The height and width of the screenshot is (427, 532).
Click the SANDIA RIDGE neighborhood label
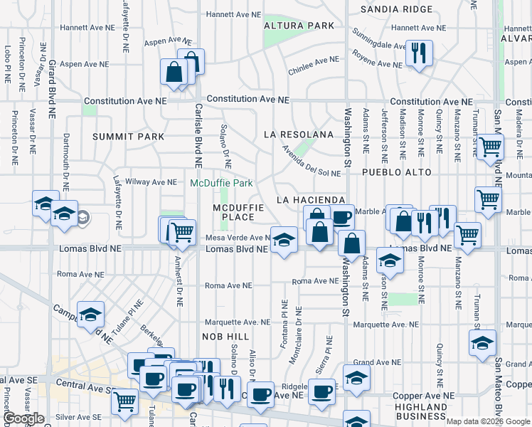tap(396, 9)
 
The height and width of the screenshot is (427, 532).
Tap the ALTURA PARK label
tap(299, 26)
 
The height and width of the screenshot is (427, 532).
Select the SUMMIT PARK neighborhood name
tap(128, 137)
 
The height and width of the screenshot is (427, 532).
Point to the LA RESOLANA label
tap(298, 134)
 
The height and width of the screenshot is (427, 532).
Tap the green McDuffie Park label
tap(221, 183)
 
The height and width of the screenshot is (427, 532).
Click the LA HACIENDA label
tap(311, 200)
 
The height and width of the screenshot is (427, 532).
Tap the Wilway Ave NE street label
tap(151, 182)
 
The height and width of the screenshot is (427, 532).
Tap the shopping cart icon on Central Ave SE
tap(125, 400)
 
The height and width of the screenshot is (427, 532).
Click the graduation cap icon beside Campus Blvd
tap(91, 314)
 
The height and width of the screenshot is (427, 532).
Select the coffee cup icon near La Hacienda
tap(341, 216)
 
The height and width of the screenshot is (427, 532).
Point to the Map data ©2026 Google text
tap(488, 421)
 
